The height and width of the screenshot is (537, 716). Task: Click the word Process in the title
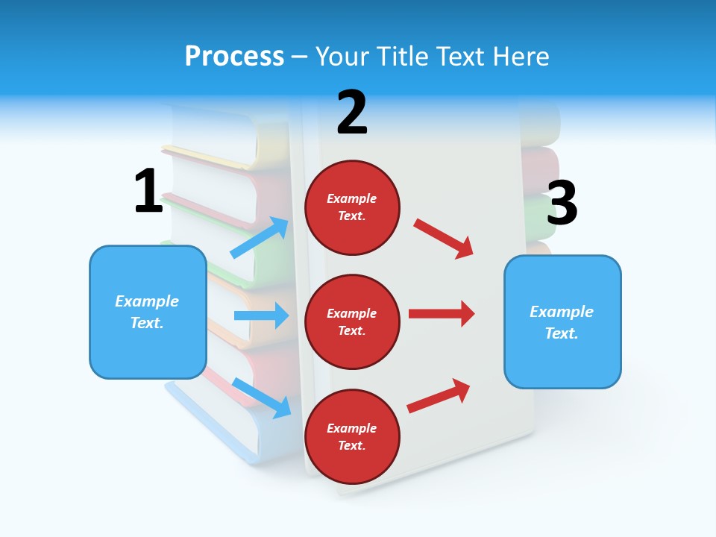pyautogui.click(x=234, y=57)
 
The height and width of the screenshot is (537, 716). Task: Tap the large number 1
pyautogui.click(x=148, y=192)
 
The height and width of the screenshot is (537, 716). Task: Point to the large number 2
pyautogui.click(x=352, y=113)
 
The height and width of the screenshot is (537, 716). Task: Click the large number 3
pyautogui.click(x=562, y=204)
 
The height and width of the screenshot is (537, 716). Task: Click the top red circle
pyautogui.click(x=352, y=207)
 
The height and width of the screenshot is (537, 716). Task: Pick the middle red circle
pyautogui.click(x=352, y=321)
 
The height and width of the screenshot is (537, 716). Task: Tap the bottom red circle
pyautogui.click(x=352, y=436)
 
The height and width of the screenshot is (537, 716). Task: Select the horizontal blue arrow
pyautogui.click(x=261, y=315)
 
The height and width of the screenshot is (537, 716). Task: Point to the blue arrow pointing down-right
pyautogui.click(x=261, y=398)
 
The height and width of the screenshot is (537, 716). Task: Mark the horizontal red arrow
pyautogui.click(x=442, y=313)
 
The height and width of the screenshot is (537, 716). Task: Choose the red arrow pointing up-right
pyautogui.click(x=439, y=395)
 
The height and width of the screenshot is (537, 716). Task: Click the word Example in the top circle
pyautogui.click(x=352, y=199)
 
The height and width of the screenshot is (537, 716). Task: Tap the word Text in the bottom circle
pyautogui.click(x=351, y=446)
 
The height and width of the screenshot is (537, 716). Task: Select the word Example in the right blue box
pyautogui.click(x=562, y=312)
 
